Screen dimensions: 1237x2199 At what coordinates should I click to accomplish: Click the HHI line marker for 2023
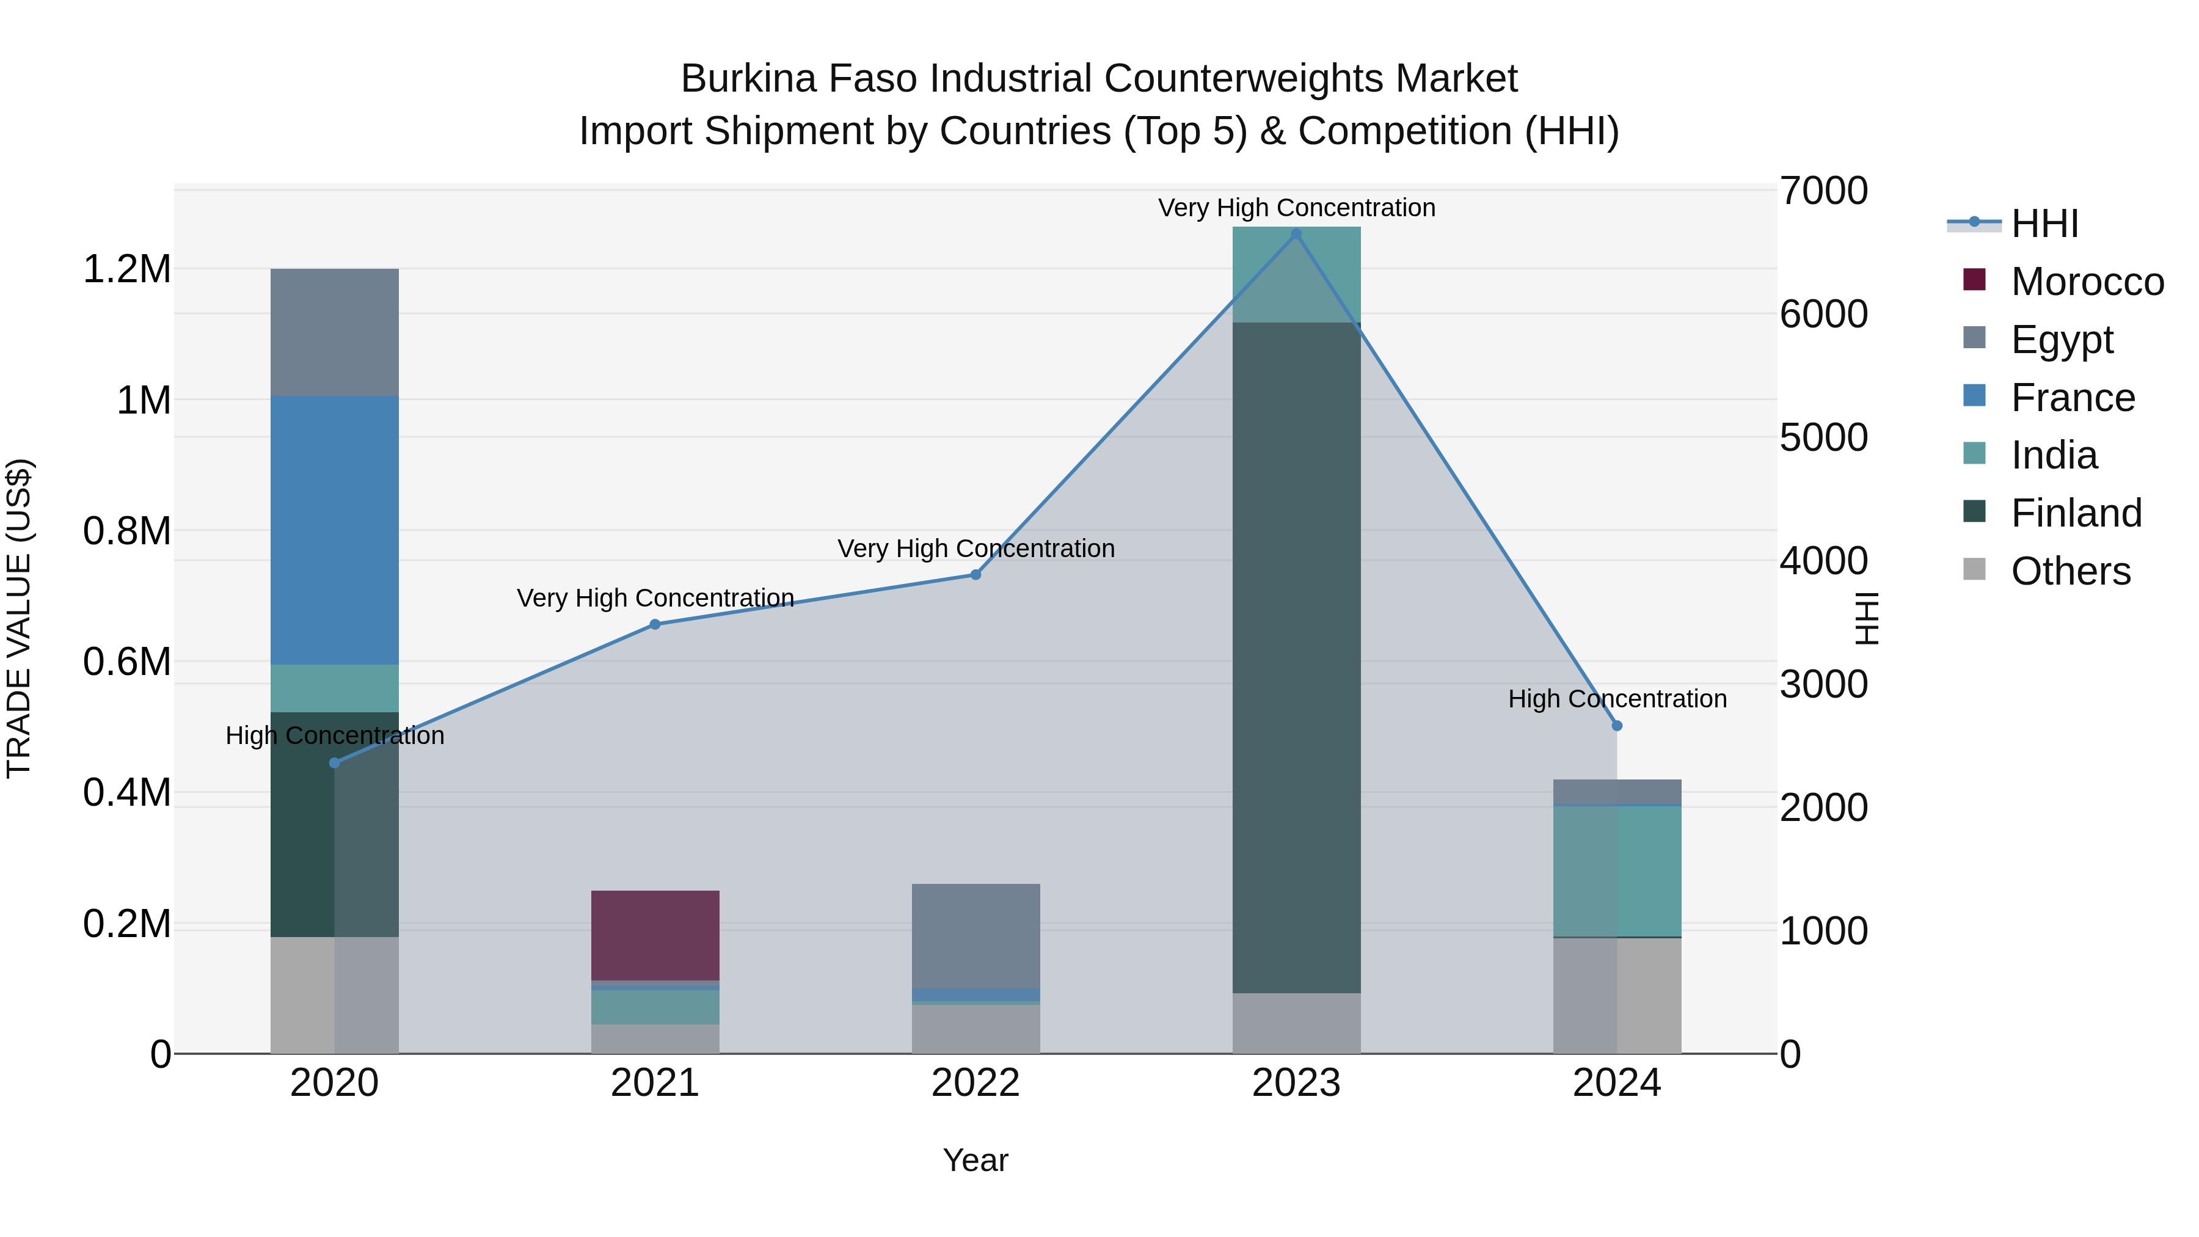point(1296,234)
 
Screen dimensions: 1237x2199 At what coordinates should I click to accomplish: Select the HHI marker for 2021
point(655,624)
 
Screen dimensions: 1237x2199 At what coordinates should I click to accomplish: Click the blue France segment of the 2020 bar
point(335,529)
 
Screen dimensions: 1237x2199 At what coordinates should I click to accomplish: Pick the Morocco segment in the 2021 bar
point(655,935)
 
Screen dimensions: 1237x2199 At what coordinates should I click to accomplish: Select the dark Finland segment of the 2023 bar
point(1296,657)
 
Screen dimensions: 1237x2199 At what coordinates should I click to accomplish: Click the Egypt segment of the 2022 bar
point(976,935)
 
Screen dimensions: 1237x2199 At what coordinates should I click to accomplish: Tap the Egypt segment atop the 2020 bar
point(335,332)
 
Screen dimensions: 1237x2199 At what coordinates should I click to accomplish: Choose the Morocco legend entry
point(2087,282)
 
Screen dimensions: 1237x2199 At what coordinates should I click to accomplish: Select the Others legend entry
point(2070,571)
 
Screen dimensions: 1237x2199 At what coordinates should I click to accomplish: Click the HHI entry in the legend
point(2044,224)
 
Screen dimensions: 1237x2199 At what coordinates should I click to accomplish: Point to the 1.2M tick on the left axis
point(126,270)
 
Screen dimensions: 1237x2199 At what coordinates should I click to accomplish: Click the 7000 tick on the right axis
point(1823,191)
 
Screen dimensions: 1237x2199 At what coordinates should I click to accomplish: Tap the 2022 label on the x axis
point(976,1083)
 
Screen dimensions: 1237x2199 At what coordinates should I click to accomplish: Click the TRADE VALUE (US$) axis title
point(19,618)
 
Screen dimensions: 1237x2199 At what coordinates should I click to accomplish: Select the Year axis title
point(976,1160)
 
